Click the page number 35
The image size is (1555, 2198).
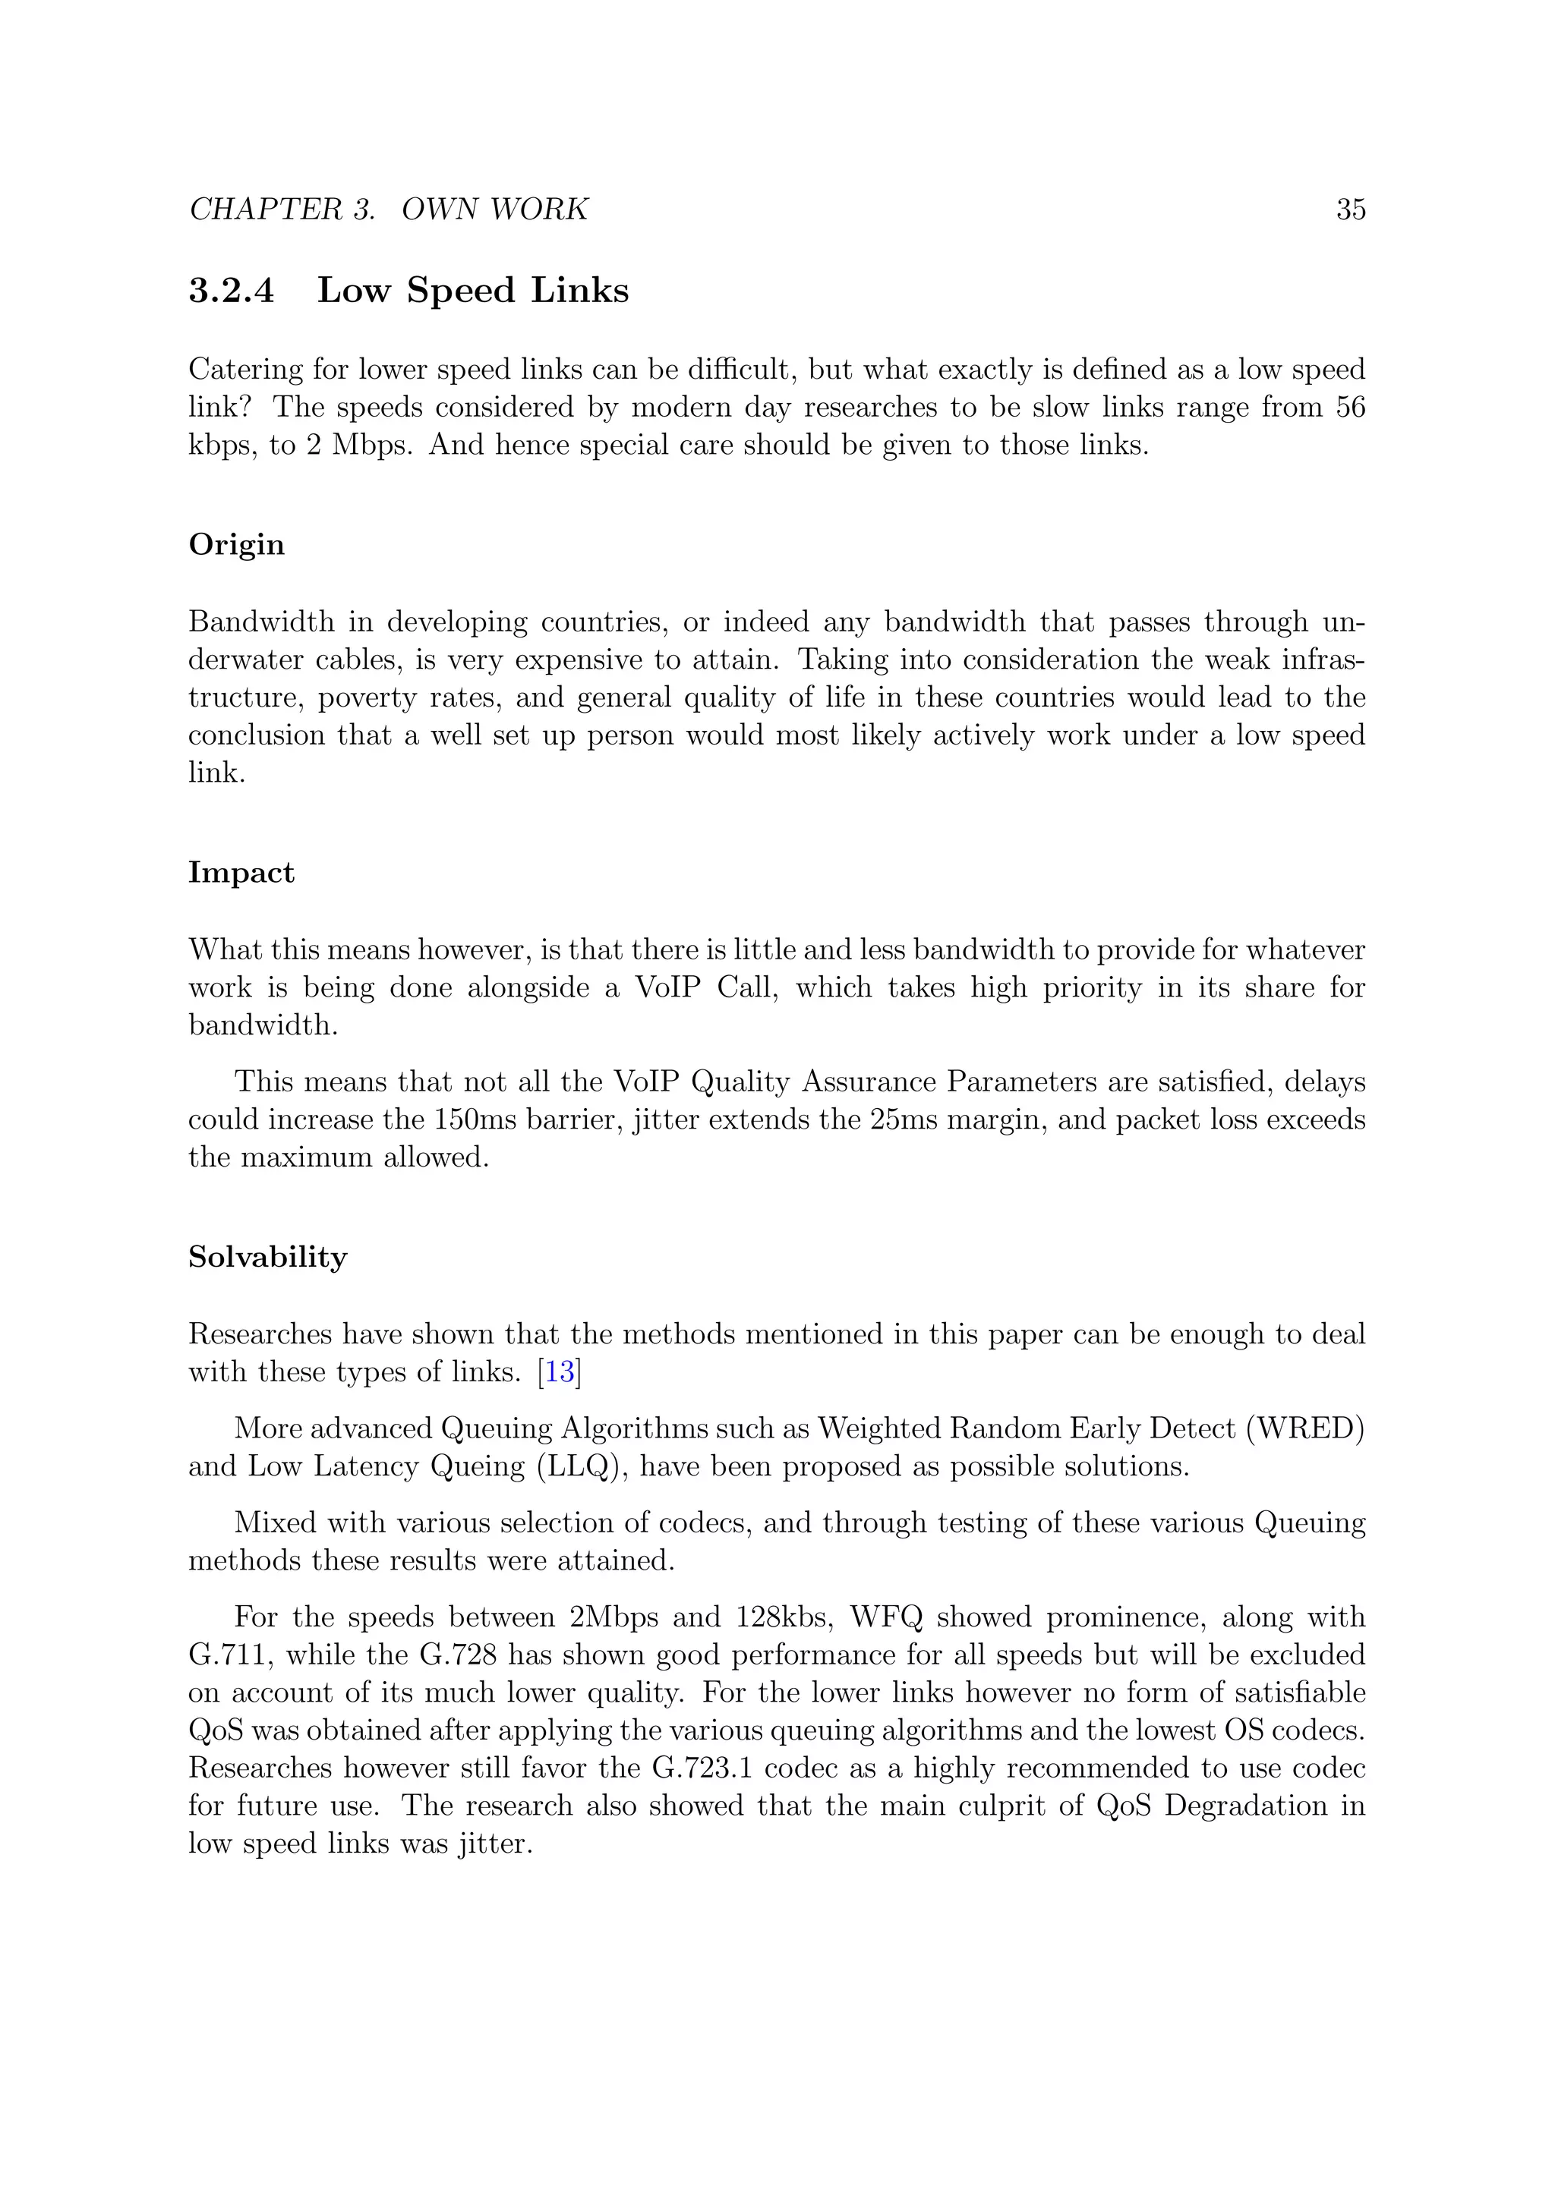[x=1350, y=209]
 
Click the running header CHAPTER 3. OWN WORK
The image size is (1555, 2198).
[x=389, y=209]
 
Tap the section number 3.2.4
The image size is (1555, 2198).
[x=231, y=291]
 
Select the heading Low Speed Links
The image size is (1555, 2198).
[x=472, y=291]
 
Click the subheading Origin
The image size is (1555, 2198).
[x=236, y=545]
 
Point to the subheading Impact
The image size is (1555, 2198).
[x=241, y=872]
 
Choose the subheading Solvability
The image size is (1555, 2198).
[x=267, y=1256]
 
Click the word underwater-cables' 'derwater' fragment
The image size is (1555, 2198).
[x=244, y=660]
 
